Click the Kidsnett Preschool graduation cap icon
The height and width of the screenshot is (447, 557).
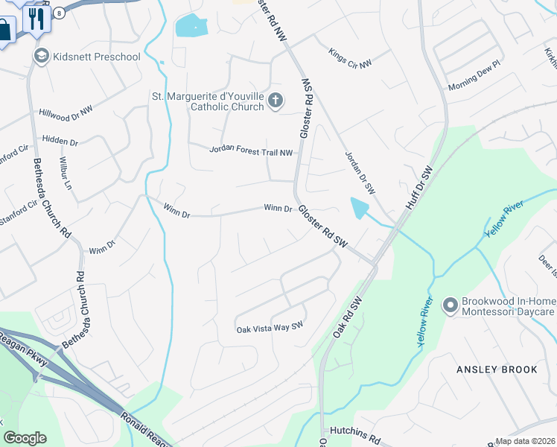click(x=41, y=57)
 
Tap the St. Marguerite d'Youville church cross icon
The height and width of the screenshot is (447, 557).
click(x=276, y=101)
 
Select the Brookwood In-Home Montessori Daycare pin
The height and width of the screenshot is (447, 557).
click(x=450, y=305)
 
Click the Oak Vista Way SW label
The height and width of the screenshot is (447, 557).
click(x=270, y=328)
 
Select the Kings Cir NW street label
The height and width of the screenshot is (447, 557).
click(x=350, y=59)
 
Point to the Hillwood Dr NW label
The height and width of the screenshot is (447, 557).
click(x=66, y=111)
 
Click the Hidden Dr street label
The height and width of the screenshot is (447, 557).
click(x=60, y=140)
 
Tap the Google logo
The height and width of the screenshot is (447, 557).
click(x=25, y=438)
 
